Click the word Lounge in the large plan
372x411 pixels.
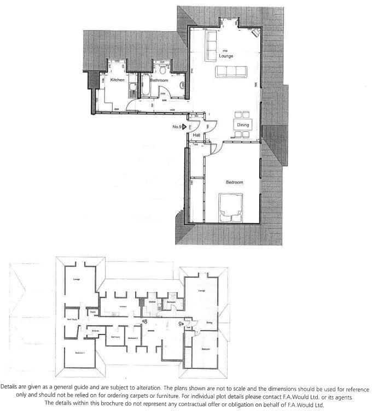coord(226,56)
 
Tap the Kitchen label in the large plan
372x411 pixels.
coord(118,80)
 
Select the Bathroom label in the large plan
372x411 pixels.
coord(159,80)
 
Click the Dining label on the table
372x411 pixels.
coord(243,125)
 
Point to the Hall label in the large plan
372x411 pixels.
coord(196,134)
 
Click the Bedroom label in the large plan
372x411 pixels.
coord(234,182)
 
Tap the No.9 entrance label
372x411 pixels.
coord(177,127)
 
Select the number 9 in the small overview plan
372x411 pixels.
coord(181,323)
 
